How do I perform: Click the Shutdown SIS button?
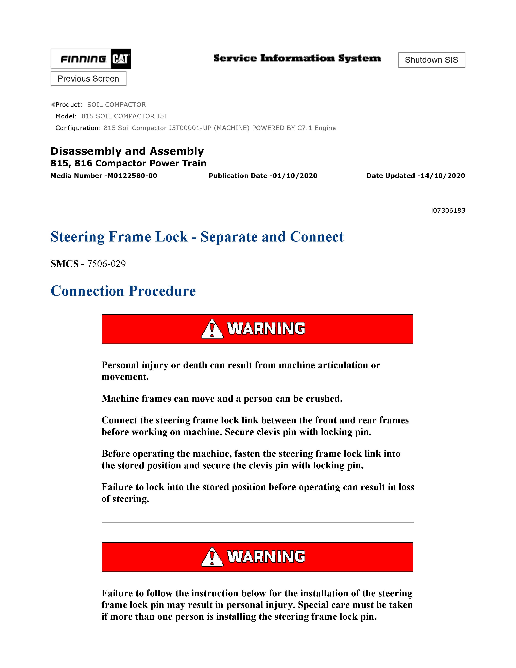[x=431, y=60]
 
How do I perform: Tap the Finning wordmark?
[x=83, y=59]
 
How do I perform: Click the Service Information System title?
[x=297, y=58]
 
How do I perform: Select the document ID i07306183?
[x=448, y=211]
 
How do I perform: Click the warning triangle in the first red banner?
[x=212, y=329]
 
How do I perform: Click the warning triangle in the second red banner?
[x=212, y=557]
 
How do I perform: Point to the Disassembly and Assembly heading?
[x=127, y=151]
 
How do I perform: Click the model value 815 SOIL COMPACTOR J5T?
[x=124, y=116]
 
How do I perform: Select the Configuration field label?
[x=78, y=128]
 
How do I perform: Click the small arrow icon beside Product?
[x=53, y=105]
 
